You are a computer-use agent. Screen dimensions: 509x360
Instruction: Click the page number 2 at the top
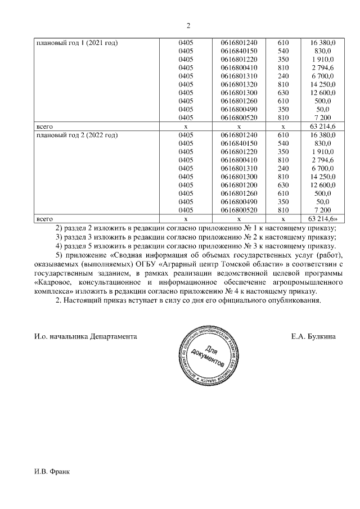click(188, 26)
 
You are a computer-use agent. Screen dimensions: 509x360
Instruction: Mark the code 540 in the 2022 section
click(283, 144)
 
